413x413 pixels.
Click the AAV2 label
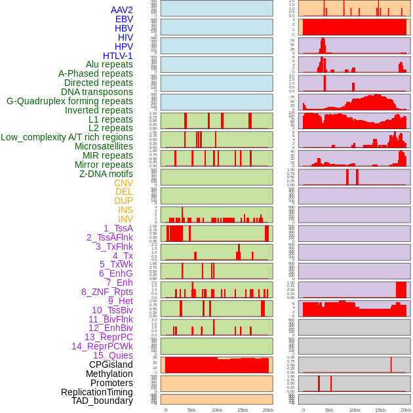[x=121, y=10]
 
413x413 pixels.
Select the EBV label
[x=124, y=19]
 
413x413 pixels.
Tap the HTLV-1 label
[x=117, y=56]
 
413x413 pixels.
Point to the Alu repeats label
[x=109, y=64]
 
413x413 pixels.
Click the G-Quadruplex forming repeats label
[x=69, y=101]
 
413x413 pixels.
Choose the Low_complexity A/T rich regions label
[x=67, y=137]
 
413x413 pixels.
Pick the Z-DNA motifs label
[x=106, y=174]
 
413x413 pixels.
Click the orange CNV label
[x=123, y=183]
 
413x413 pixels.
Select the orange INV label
[x=125, y=219]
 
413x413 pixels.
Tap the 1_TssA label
[x=118, y=228]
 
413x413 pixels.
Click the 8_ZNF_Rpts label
[x=107, y=292]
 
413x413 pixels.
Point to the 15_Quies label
[x=113, y=355]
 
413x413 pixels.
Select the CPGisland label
[x=111, y=364]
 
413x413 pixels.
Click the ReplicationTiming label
[x=96, y=392]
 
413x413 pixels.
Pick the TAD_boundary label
[x=102, y=401]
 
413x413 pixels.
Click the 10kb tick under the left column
[x=216, y=410]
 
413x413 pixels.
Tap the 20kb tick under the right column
[x=405, y=410]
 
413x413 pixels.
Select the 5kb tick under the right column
[x=328, y=410]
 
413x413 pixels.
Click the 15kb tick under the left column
[x=242, y=410]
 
